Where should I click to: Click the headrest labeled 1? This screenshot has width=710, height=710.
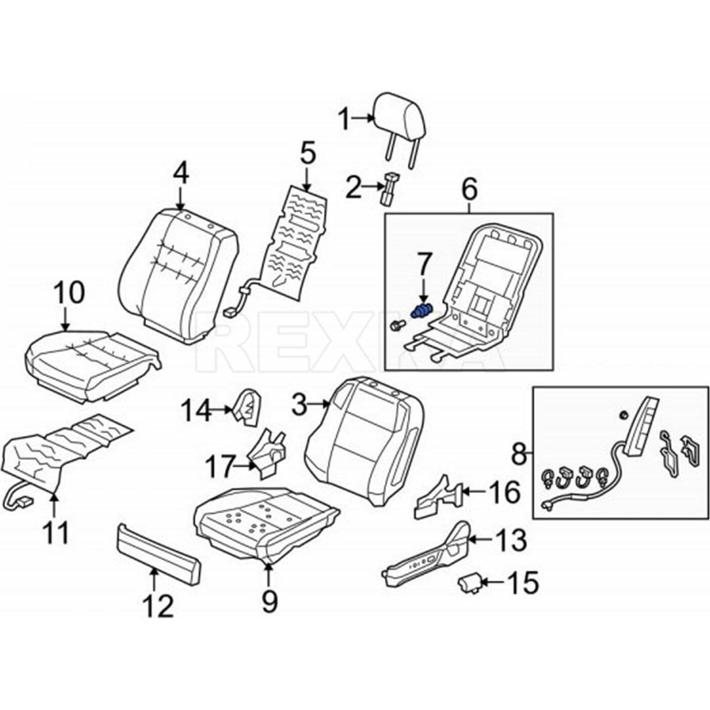(400, 117)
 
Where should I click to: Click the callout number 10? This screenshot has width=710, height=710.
(70, 294)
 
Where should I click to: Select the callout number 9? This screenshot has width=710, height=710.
(269, 602)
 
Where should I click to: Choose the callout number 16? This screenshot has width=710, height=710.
(504, 492)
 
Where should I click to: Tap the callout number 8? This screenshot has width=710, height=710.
(518, 454)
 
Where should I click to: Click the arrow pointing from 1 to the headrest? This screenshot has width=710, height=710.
(364, 118)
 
